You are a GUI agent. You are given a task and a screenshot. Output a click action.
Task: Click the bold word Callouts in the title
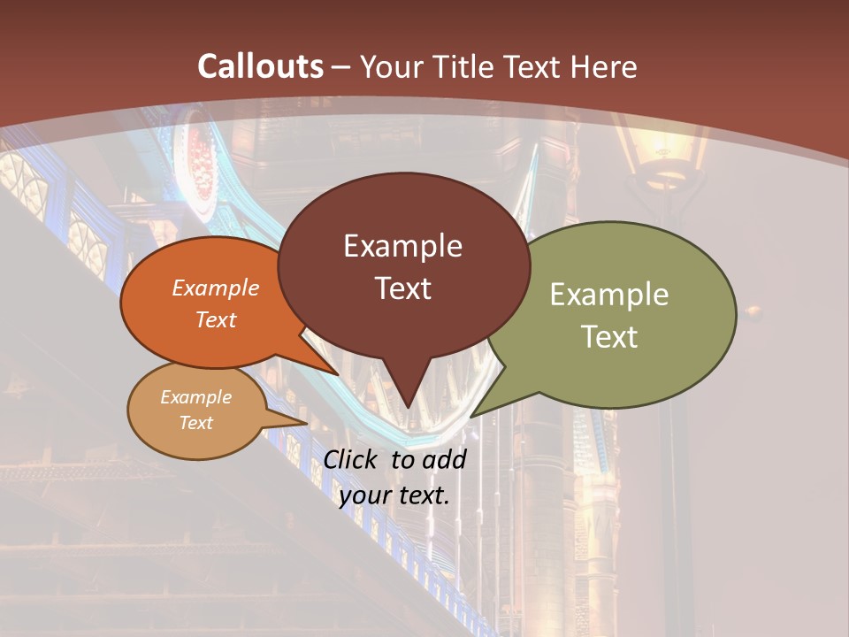click(260, 66)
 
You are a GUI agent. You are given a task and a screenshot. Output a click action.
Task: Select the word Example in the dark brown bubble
click(402, 246)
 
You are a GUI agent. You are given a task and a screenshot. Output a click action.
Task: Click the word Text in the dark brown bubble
click(402, 288)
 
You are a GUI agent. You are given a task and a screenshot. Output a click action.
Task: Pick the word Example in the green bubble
click(609, 295)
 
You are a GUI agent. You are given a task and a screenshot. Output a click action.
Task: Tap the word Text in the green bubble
click(609, 337)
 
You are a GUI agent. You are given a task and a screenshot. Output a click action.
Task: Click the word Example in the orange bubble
click(215, 288)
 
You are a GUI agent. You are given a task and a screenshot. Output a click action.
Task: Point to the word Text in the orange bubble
click(215, 320)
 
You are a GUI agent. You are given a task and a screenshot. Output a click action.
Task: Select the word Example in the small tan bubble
click(195, 397)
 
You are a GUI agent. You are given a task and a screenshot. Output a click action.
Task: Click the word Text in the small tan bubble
click(195, 423)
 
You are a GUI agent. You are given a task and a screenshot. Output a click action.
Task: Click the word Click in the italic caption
click(352, 459)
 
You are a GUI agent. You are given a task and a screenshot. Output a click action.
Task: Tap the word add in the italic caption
click(444, 459)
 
